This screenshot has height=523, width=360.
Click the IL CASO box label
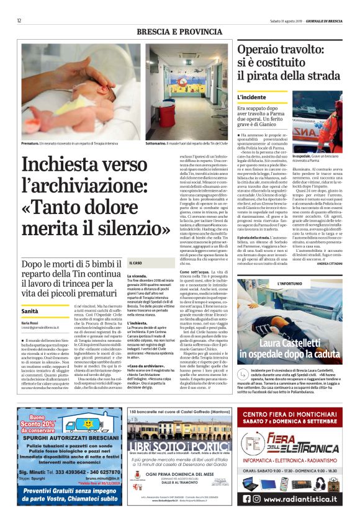tap(134, 280)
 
